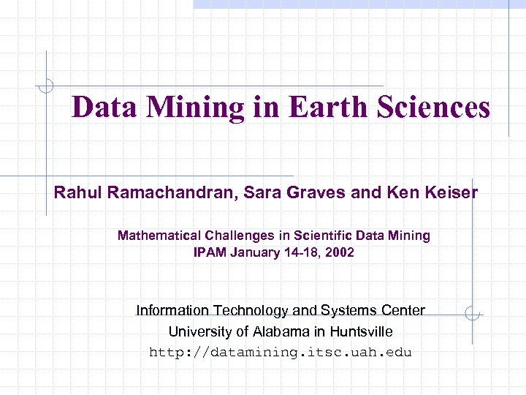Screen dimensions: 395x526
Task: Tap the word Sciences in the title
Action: (x=434, y=108)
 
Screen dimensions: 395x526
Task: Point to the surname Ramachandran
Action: (x=156, y=193)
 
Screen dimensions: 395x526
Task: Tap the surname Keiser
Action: (x=449, y=193)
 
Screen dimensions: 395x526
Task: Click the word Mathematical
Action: (x=158, y=236)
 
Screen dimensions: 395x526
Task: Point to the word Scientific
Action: (x=324, y=236)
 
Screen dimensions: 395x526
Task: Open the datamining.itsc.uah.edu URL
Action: (x=281, y=353)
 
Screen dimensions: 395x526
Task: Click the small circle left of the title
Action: (x=47, y=86)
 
